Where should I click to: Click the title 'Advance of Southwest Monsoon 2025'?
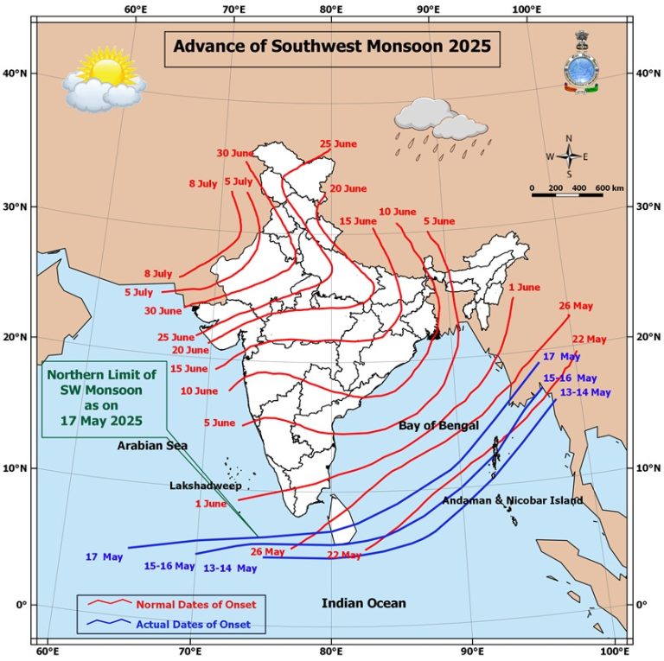coord(332,47)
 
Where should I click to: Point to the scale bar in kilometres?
coord(566,192)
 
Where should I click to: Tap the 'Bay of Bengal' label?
coord(438,426)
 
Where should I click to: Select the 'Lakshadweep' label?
coord(205,486)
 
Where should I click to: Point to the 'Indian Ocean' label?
coord(363,603)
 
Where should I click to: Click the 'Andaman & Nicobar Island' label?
coord(512,500)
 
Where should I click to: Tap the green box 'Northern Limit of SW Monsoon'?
coord(102,398)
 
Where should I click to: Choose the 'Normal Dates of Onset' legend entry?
coord(195,603)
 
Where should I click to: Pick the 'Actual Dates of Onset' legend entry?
coord(194,624)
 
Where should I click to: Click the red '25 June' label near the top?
coord(338,143)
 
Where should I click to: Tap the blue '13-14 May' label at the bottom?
coord(230,569)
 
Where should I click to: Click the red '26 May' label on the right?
coord(576,306)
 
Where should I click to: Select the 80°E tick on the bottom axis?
coord(332,650)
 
